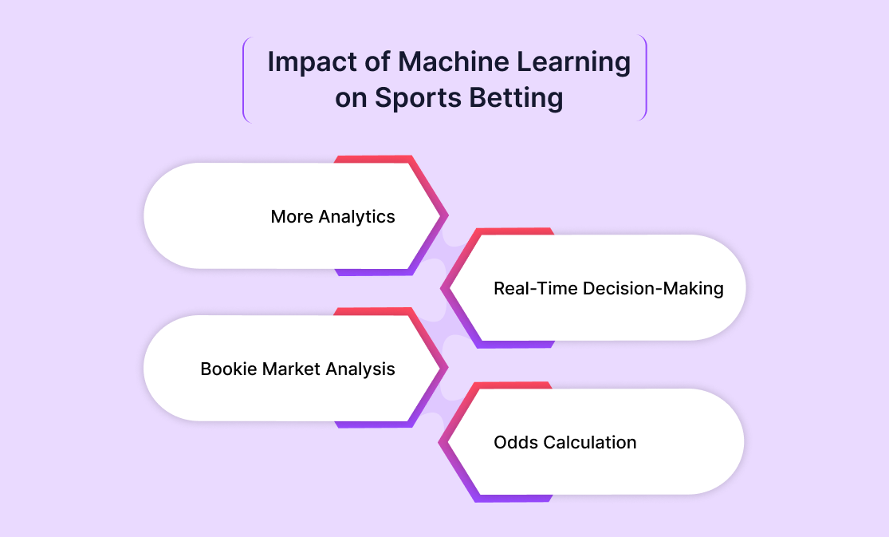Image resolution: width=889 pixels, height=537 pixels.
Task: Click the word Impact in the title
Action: coord(313,61)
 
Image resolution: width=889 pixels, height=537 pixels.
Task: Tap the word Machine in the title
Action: coord(454,61)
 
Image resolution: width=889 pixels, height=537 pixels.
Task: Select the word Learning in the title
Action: coord(574,63)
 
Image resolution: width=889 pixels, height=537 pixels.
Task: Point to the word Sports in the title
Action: coord(418,98)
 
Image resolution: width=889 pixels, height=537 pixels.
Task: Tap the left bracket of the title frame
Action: coord(244,79)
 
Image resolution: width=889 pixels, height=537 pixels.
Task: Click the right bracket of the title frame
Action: coord(646,77)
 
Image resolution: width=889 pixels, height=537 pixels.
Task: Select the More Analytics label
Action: coord(332,217)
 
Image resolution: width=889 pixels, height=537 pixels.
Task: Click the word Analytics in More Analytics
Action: coord(356,217)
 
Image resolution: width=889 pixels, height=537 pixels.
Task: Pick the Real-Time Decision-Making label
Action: coord(608,288)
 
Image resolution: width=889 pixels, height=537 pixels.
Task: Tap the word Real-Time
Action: coord(535,288)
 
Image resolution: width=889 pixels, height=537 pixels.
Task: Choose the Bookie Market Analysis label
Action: coord(297,369)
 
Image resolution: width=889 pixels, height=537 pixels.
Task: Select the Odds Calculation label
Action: coord(565,442)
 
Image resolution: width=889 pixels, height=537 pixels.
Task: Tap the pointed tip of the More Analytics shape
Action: coord(447,215)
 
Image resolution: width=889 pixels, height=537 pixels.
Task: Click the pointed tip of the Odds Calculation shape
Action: coord(439,442)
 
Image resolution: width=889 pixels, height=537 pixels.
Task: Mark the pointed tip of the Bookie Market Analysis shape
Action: coord(447,368)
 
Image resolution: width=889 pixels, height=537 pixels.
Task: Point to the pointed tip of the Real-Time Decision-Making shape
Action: coord(442,288)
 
